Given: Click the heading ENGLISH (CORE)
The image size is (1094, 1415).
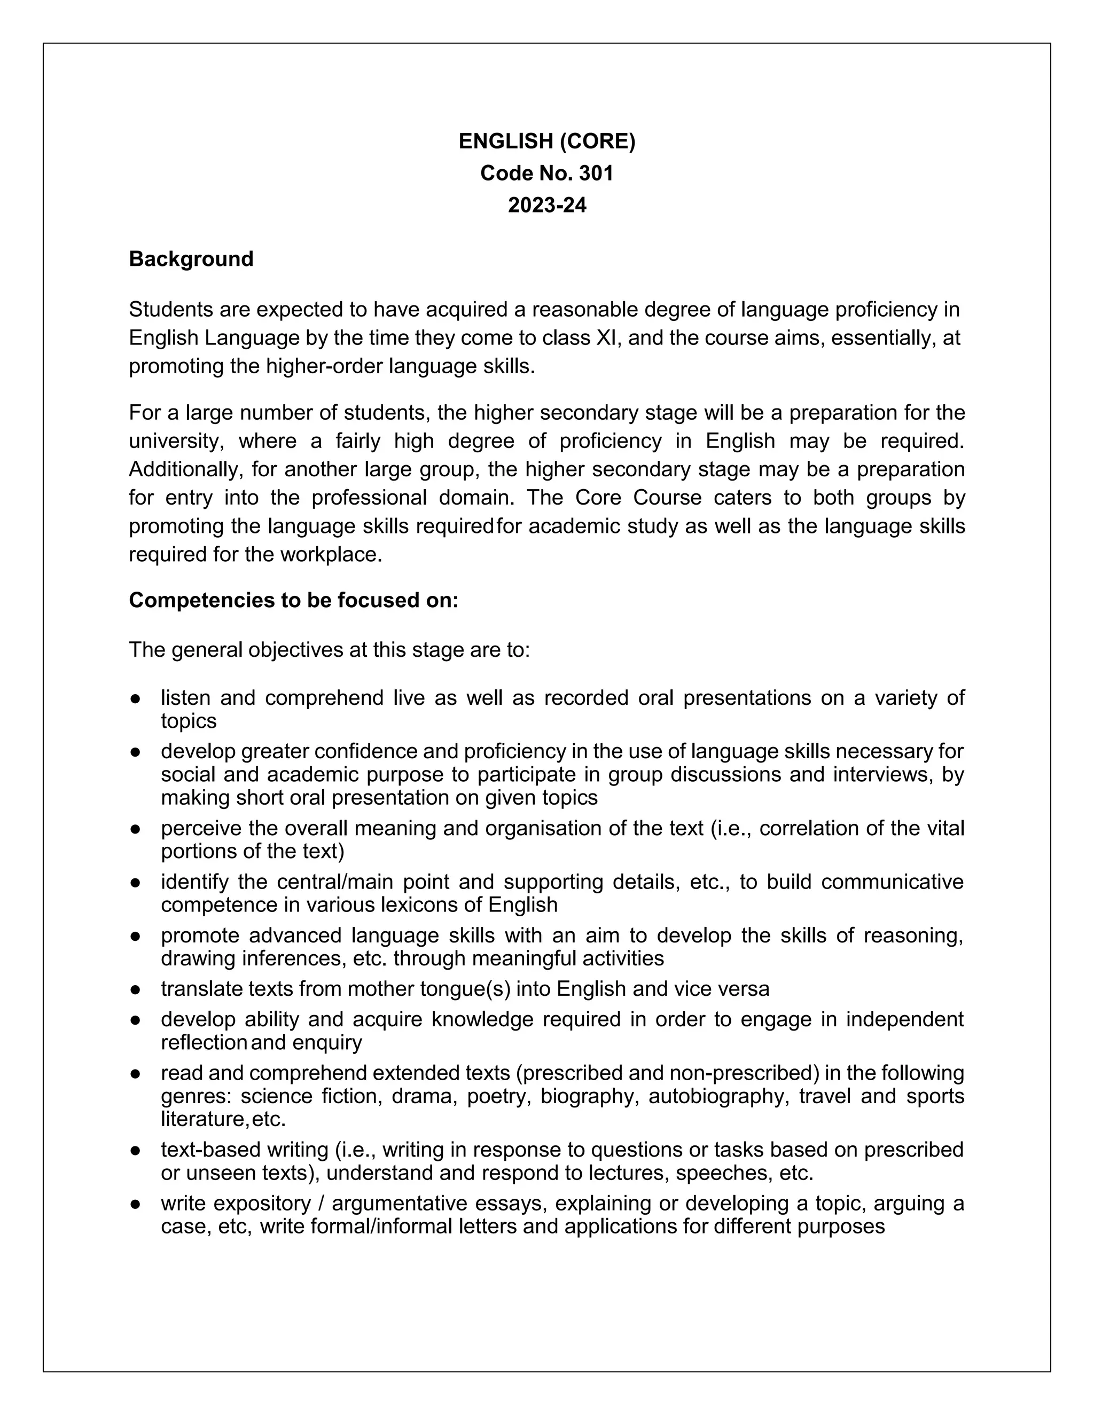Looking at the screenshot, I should click(546, 141).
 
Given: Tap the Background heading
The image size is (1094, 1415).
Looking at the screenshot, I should click(191, 258).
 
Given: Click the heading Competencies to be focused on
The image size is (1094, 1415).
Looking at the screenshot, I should click(294, 600).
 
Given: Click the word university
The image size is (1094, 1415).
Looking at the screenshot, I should click(176, 441).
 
